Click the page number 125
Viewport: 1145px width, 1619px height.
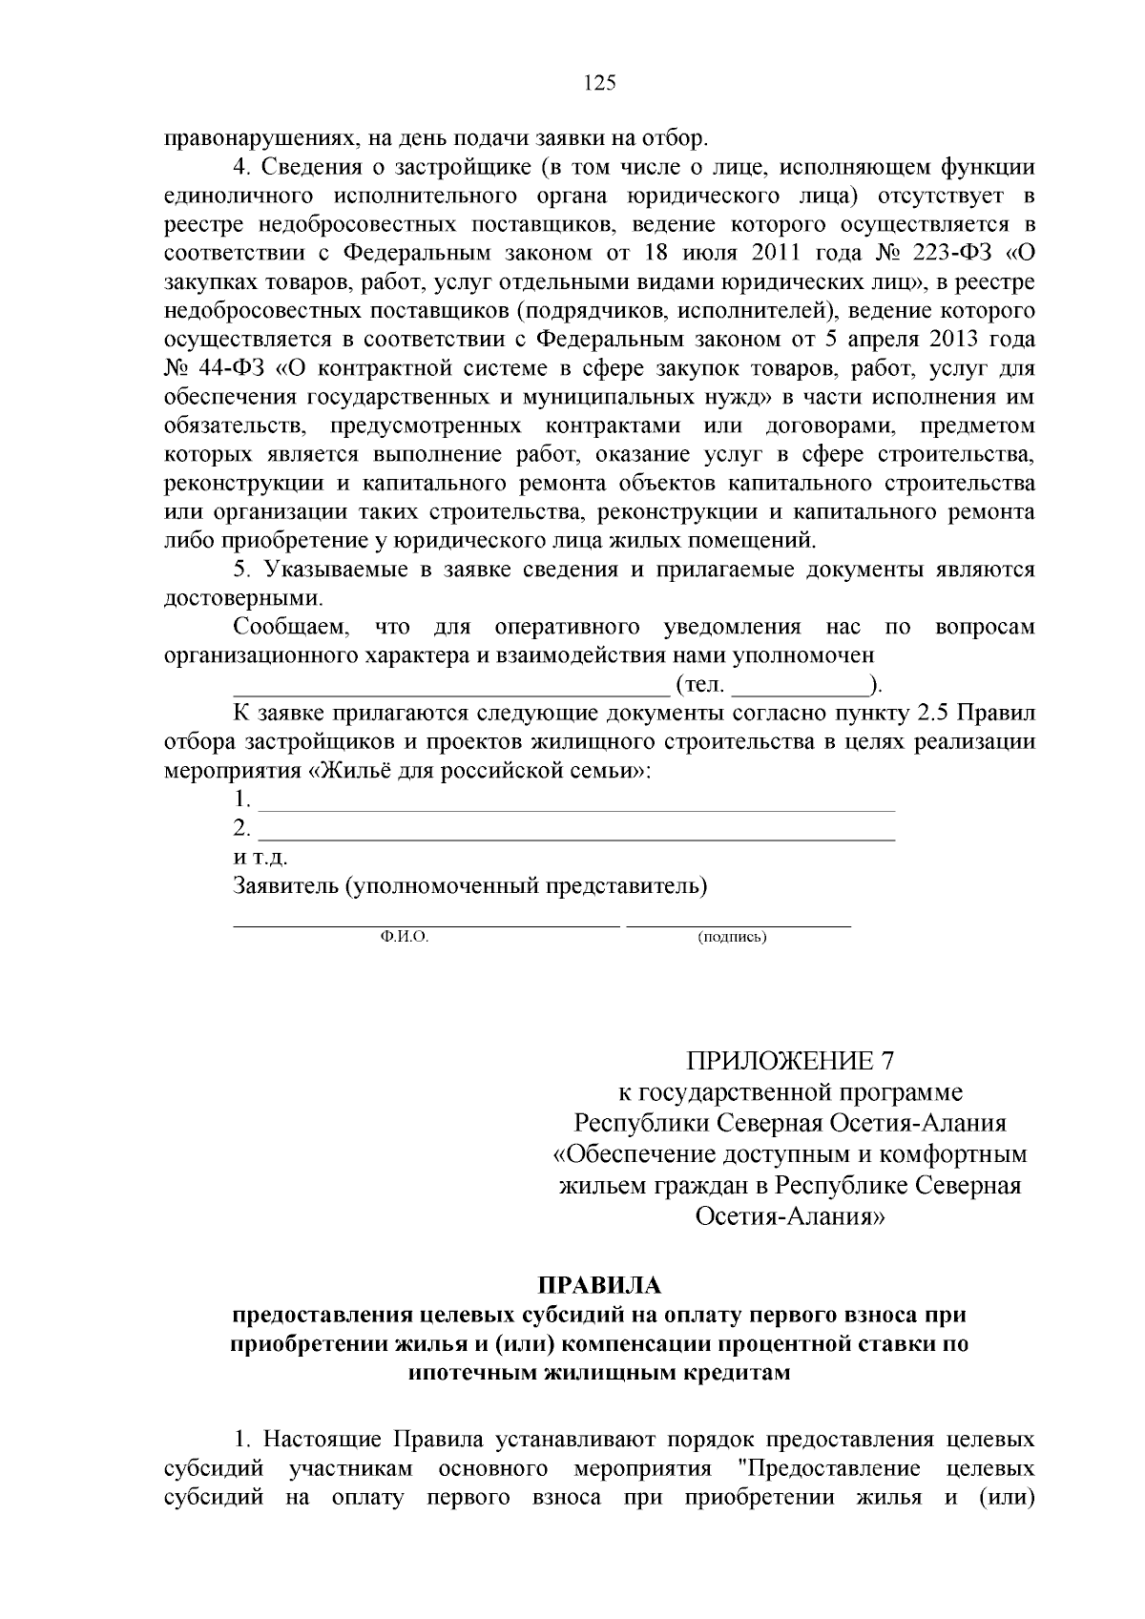[600, 82]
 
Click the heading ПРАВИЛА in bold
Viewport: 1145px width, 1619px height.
[599, 1286]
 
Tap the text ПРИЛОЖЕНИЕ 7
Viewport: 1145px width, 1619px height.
[791, 1061]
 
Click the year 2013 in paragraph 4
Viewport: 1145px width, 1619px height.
[955, 341]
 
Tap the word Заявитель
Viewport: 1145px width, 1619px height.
[286, 885]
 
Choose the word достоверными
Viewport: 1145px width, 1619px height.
[243, 599]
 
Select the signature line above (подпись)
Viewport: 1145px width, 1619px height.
[738, 924]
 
